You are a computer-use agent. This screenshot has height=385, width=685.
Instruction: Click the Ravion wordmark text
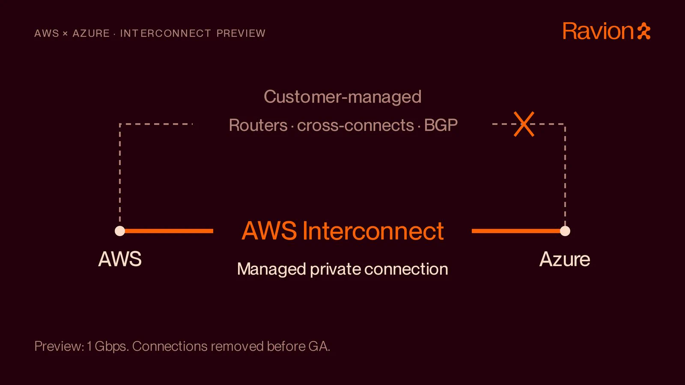point(598,31)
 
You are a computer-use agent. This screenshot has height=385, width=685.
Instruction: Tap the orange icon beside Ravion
point(644,31)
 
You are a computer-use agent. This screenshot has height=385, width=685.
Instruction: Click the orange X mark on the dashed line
point(524,124)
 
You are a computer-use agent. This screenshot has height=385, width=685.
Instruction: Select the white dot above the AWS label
point(120,231)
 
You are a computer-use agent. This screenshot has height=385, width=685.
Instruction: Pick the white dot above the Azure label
point(565,231)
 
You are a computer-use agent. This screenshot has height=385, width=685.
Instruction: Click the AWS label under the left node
point(120,259)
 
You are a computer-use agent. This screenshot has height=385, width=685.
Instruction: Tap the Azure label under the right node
point(565,259)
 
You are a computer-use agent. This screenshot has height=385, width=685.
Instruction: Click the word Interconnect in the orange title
point(373,231)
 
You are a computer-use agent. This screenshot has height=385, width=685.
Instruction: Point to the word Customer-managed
point(342,97)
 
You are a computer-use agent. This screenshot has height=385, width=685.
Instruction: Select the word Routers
point(258,125)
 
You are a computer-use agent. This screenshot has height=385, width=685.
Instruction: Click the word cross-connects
point(355,125)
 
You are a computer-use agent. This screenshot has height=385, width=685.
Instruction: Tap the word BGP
point(441,125)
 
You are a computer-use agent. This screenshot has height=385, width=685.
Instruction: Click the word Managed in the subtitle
point(271,269)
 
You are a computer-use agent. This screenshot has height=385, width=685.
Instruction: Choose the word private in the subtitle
point(336,269)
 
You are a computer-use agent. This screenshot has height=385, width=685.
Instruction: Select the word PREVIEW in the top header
point(241,33)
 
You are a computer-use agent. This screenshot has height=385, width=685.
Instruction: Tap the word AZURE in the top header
point(91,33)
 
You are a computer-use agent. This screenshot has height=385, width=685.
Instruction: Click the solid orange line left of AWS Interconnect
point(169,231)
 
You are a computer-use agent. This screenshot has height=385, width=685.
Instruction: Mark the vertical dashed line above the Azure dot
point(565,175)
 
